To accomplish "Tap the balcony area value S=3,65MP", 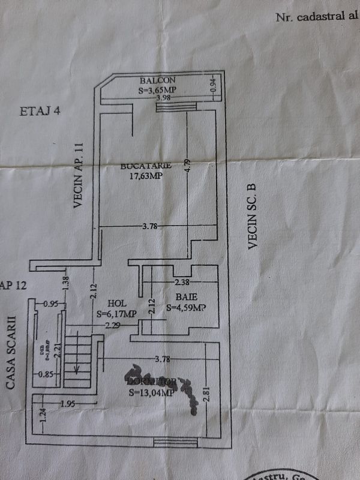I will click(160, 91).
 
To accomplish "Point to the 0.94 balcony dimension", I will click(213, 86).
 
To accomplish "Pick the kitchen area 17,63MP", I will click(147, 176).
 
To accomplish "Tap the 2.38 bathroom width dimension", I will click(182, 282).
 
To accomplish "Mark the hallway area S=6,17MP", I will click(116, 313).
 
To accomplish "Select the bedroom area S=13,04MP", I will click(151, 393).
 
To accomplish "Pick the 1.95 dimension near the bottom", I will click(68, 404).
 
